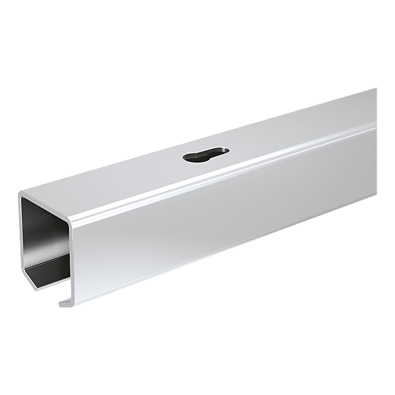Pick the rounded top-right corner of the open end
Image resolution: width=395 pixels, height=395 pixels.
(x=71, y=217)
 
